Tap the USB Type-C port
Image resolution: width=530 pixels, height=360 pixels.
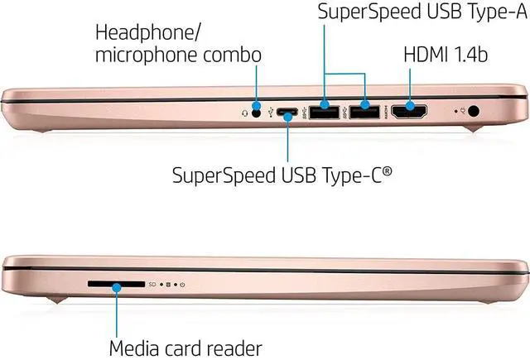(x=287, y=110)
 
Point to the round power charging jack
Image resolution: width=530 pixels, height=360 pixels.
(x=475, y=109)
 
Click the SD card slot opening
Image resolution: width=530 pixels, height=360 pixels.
(x=115, y=284)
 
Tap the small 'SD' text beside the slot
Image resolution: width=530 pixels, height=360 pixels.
(x=152, y=285)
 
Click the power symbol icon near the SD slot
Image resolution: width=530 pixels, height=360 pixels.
(x=181, y=285)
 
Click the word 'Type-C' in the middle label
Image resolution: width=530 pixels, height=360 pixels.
(x=347, y=175)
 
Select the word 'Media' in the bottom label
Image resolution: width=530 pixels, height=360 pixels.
(x=137, y=347)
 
